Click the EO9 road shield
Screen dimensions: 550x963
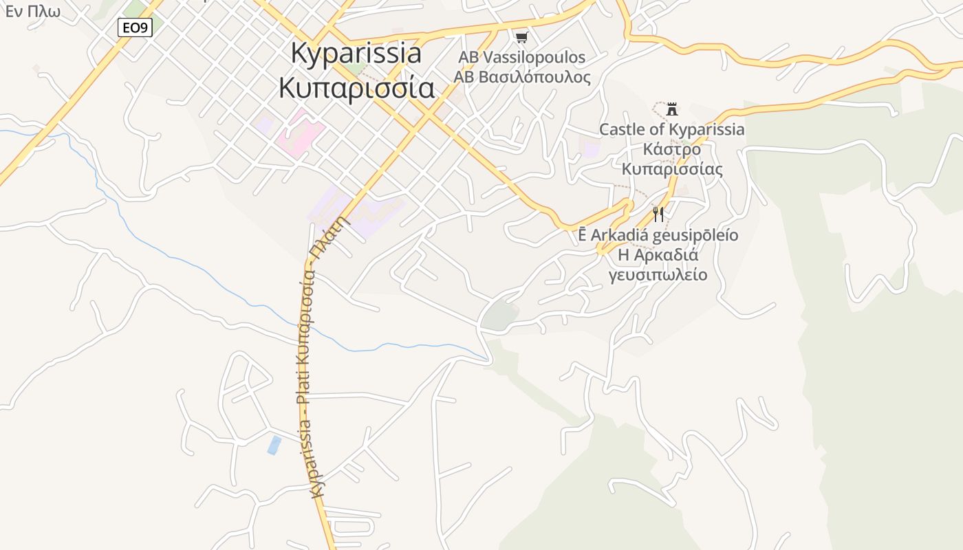tap(134, 27)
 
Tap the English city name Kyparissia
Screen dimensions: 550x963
tap(356, 54)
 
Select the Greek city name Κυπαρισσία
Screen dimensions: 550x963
tap(356, 88)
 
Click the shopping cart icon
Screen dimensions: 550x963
tap(521, 37)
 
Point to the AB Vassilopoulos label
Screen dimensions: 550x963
tap(521, 57)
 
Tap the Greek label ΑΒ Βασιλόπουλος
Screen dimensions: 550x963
tap(521, 76)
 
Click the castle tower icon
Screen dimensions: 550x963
tap(672, 109)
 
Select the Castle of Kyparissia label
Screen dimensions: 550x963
tap(671, 129)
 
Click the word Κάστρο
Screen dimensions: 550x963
tap(671, 149)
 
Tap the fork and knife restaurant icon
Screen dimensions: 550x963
tap(658, 214)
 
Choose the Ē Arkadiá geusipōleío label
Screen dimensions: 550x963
tap(658, 235)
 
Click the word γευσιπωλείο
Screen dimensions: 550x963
tap(658, 275)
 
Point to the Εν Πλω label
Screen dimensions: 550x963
tap(32, 11)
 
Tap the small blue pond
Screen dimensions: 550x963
tap(274, 445)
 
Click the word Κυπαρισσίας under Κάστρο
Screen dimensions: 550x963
tap(671, 169)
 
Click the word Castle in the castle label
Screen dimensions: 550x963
tap(621, 129)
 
